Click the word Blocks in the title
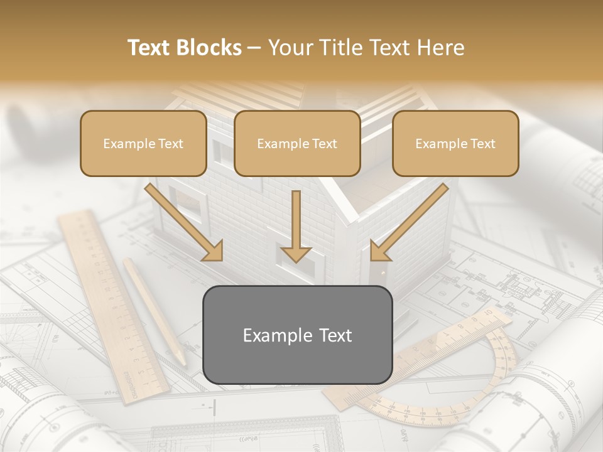pyautogui.click(x=210, y=48)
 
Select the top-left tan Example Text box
pyautogui.click(x=143, y=143)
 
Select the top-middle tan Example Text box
pyautogui.click(x=297, y=143)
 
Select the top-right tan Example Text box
pyautogui.click(x=455, y=143)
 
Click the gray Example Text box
pyautogui.click(x=297, y=335)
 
